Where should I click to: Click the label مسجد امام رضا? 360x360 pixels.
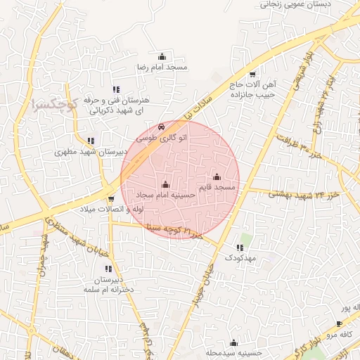162,67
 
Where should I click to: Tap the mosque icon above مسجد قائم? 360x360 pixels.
217,177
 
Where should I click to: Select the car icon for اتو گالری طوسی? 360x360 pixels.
162,127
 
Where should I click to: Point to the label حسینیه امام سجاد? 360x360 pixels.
166,194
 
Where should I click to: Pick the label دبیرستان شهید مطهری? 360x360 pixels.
91,151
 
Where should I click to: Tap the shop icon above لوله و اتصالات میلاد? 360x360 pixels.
111,199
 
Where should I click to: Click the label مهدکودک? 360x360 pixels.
241,258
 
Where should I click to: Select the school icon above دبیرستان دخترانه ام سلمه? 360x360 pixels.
108,269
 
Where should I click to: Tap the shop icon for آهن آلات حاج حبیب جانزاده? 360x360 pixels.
252,75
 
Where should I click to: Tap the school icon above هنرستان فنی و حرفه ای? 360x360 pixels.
116,90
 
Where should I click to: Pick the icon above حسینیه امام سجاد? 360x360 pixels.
166,184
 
